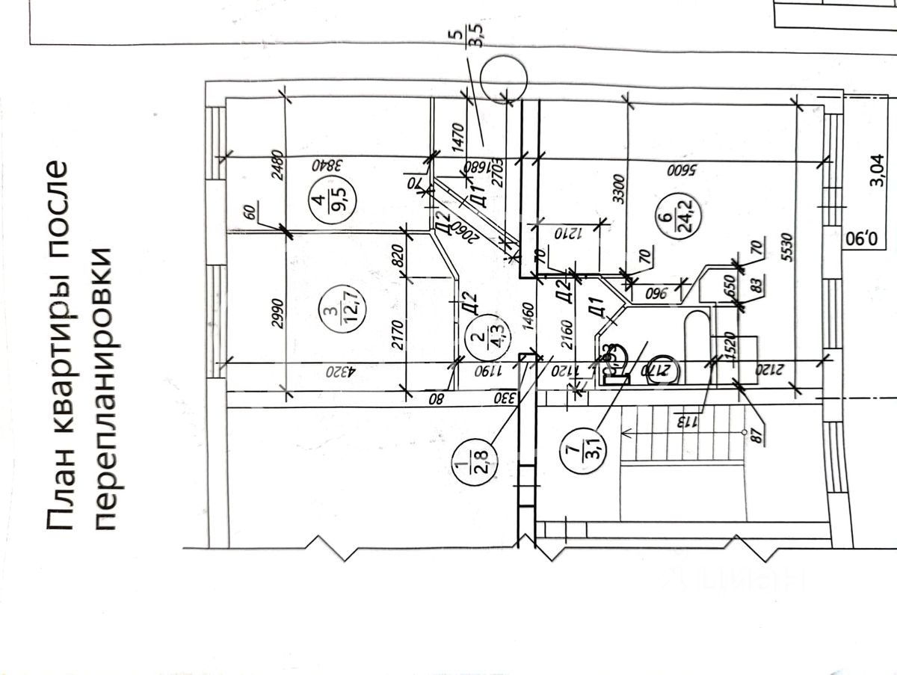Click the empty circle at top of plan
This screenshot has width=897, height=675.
(x=503, y=80)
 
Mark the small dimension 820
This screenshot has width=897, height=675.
(x=397, y=256)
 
